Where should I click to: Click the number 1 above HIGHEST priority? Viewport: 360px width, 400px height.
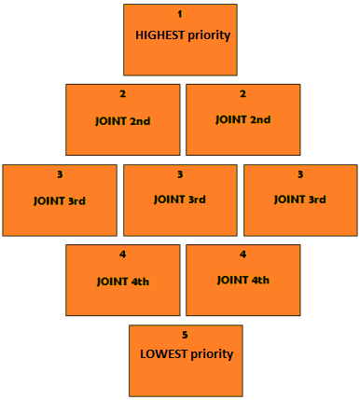(x=180, y=14)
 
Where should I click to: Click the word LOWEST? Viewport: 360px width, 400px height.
(x=161, y=354)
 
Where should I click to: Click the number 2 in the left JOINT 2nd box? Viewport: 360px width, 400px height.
(x=122, y=94)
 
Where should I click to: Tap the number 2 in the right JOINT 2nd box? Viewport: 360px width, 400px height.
(x=242, y=94)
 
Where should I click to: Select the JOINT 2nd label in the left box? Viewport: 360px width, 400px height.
(x=123, y=120)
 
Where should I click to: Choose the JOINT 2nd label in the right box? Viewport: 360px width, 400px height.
(x=243, y=119)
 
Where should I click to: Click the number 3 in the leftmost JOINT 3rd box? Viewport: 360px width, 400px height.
(x=59, y=174)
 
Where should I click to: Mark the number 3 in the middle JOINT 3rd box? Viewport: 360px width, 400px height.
(x=180, y=174)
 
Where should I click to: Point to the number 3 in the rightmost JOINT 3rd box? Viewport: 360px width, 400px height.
(x=300, y=174)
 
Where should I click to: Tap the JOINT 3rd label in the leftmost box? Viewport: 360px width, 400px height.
(x=60, y=200)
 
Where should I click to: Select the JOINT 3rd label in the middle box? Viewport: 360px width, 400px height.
(x=180, y=200)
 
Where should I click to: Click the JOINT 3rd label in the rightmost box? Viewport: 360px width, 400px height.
(x=300, y=200)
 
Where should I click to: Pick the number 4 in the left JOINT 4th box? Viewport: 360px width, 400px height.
(x=122, y=255)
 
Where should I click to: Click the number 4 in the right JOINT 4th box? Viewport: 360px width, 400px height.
(x=242, y=255)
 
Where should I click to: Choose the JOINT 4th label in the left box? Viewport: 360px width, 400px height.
(x=123, y=281)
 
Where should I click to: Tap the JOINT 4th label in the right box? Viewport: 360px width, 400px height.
(x=243, y=280)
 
